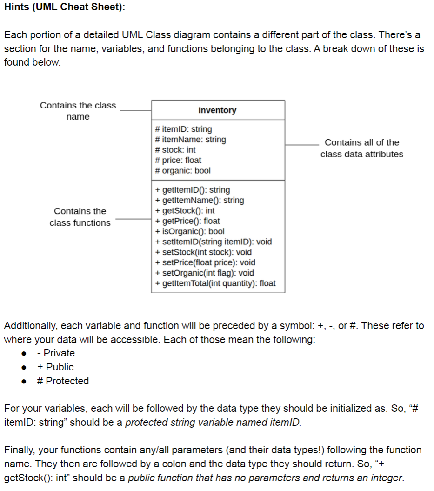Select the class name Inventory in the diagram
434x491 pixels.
(x=217, y=110)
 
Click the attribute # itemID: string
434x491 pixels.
(x=183, y=129)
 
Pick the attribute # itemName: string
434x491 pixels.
(x=190, y=139)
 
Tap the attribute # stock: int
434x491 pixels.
(x=175, y=150)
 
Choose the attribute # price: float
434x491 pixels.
(x=178, y=160)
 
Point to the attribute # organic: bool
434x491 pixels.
(x=182, y=170)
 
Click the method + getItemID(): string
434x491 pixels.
(x=192, y=190)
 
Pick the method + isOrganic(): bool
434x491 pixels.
(x=190, y=231)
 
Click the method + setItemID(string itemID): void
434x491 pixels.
(x=214, y=242)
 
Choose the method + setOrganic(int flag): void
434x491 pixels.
(x=205, y=273)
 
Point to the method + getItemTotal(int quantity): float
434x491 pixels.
(x=215, y=283)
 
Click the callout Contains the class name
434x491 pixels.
(x=78, y=111)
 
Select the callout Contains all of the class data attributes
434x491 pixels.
(x=361, y=148)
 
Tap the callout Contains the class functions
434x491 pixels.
(x=80, y=217)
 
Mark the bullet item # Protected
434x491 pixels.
(x=63, y=381)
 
